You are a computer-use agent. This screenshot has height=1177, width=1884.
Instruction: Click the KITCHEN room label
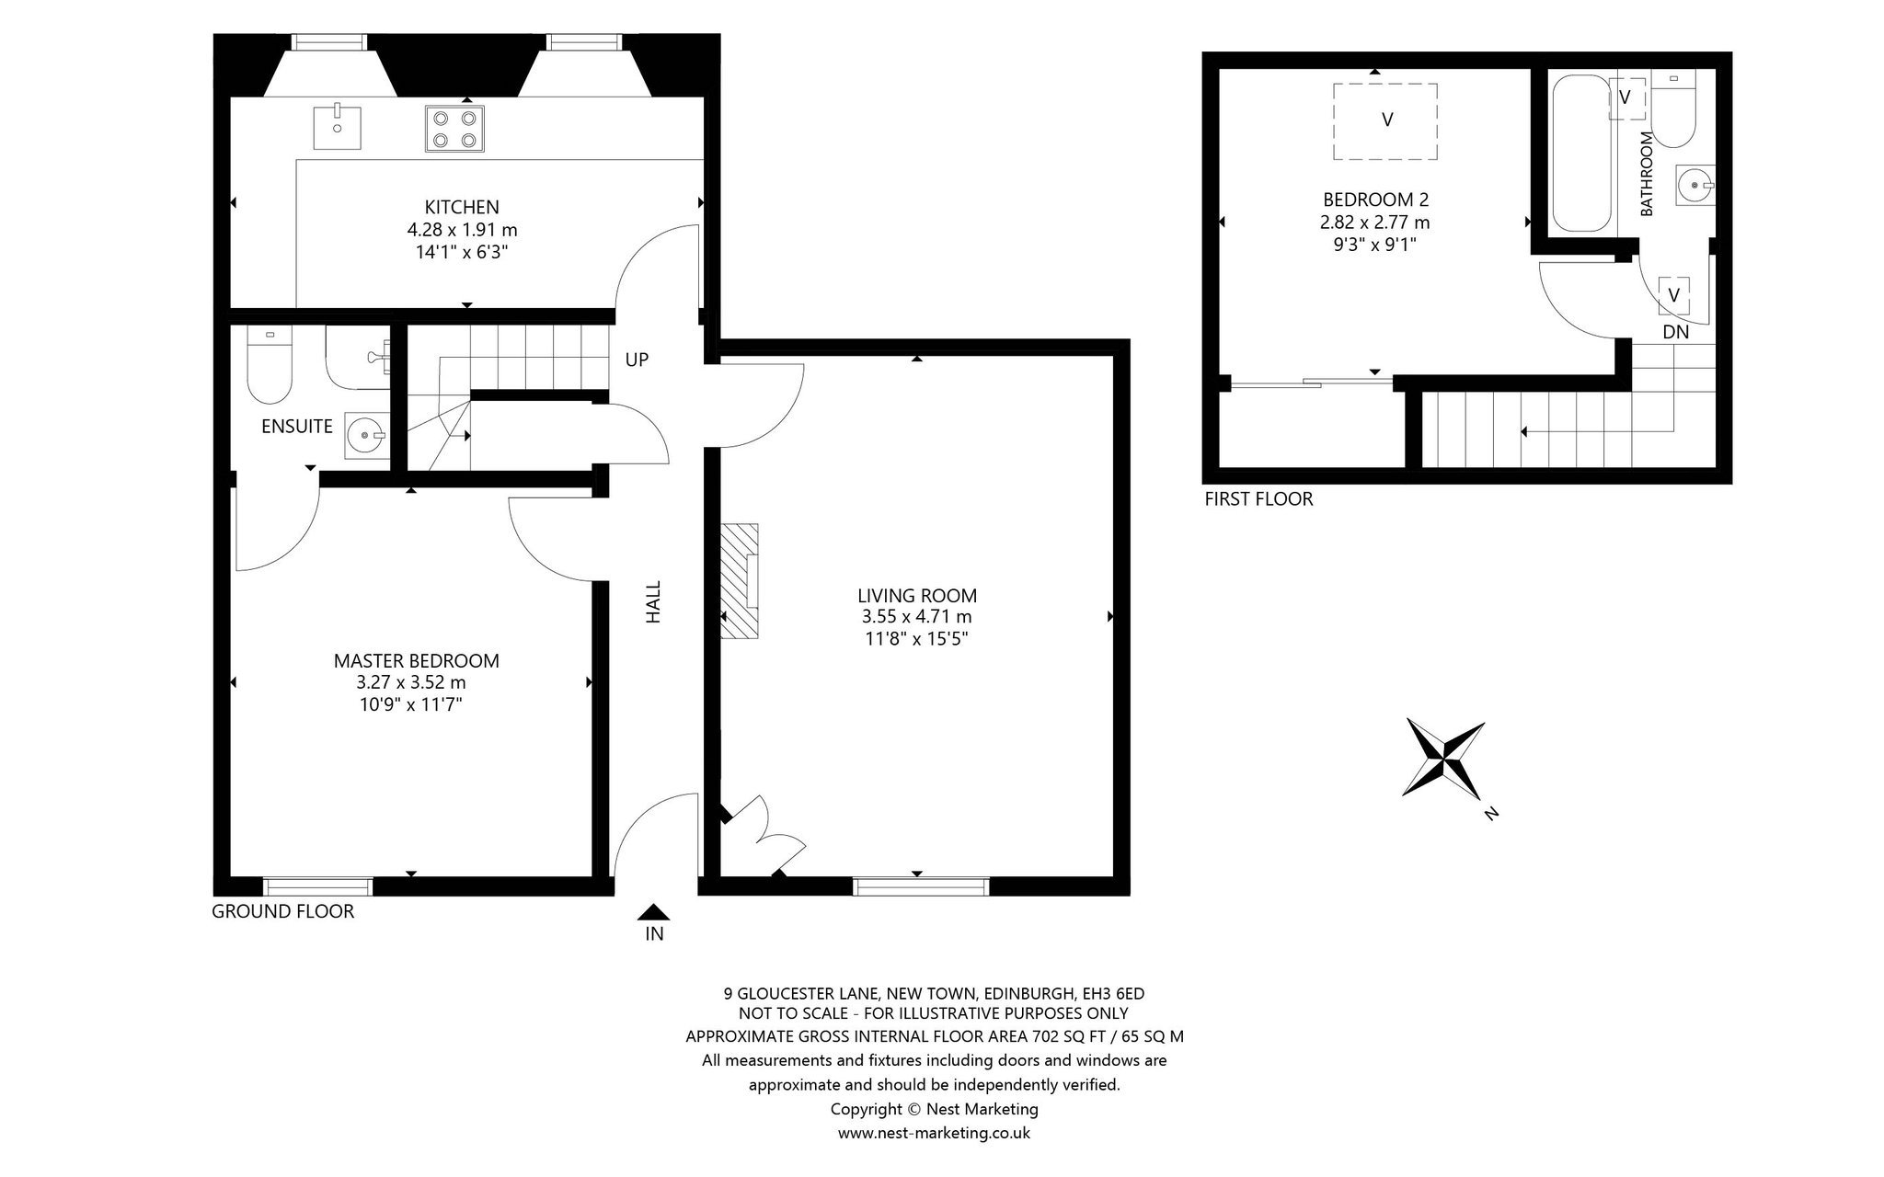(462, 207)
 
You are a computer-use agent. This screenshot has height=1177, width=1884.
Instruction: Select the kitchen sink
(337, 128)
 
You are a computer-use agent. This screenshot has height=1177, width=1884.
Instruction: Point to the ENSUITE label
(297, 427)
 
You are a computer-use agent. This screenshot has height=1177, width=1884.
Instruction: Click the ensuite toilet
(270, 367)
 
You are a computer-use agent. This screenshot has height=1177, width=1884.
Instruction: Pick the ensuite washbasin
(367, 435)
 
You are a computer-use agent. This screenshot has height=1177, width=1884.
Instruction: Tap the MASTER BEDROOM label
(417, 660)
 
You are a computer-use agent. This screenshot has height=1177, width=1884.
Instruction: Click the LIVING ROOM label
(917, 595)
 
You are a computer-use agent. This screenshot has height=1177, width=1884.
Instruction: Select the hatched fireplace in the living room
(739, 581)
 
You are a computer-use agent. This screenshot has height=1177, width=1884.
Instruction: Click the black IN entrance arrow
(654, 911)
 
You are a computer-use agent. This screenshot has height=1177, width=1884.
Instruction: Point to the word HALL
(653, 601)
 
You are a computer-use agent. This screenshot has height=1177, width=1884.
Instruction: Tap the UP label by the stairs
(637, 360)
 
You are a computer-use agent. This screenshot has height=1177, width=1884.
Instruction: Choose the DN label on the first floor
(1676, 332)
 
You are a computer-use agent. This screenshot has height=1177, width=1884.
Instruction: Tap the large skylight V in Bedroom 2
(1386, 120)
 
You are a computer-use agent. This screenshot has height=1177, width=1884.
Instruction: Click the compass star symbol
(1443, 760)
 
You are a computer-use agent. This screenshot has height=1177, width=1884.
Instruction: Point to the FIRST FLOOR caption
(1258, 499)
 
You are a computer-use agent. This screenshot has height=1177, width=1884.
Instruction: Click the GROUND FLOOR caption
(282, 912)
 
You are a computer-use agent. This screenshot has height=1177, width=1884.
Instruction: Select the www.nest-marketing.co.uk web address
(934, 1133)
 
